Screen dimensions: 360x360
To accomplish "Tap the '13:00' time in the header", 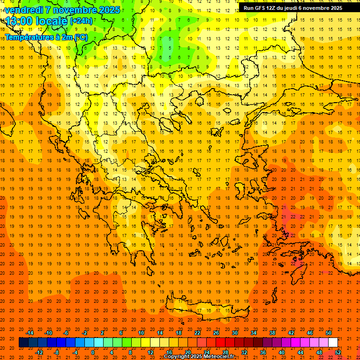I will tap(19, 21).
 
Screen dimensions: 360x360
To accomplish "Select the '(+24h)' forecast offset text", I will tap(81, 21).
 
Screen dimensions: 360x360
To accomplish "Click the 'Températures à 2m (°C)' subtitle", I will tap(46, 37).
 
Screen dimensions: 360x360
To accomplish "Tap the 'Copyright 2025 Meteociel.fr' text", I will tap(199, 357).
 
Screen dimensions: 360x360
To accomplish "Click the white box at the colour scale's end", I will tap(333, 343).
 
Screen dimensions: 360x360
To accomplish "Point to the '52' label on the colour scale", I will tap(338, 352).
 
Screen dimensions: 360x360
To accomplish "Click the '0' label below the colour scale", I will tap(92, 352).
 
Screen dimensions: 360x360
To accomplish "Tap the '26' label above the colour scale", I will tap(216, 333).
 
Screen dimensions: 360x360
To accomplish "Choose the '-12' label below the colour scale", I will tap(39, 352).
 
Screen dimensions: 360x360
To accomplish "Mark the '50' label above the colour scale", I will tap(329, 333).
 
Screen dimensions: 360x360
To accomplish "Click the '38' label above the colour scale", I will tap(272, 333).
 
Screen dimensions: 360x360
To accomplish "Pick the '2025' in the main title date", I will tap(106, 9).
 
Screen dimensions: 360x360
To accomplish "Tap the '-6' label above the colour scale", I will tap(66, 333).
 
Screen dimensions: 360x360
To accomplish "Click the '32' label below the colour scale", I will tap(244, 352).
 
